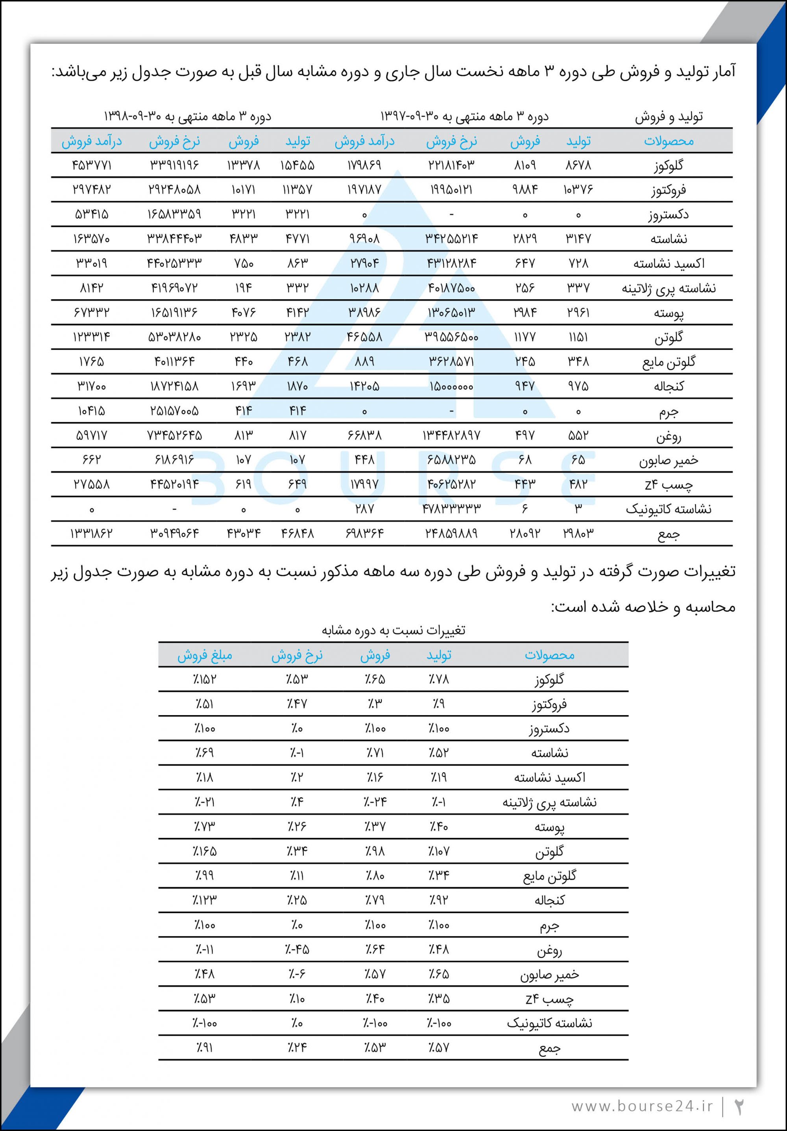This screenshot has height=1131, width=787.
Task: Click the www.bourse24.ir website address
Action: pos(642,1106)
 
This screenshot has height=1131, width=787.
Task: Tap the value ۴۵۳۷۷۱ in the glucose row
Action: pos(92,165)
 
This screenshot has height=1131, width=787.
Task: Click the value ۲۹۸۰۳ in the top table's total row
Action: pos(578,534)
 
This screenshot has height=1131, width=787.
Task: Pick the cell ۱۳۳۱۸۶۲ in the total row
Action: pos(92,534)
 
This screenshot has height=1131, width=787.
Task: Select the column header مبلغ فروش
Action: pos(204,656)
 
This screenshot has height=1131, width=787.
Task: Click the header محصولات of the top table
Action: pos(669,141)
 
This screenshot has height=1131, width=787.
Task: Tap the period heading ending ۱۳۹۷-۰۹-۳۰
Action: pos(464,117)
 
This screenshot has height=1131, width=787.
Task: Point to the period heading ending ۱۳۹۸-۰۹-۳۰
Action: pos(187,117)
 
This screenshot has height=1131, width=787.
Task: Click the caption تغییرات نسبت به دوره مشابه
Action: pos(393,630)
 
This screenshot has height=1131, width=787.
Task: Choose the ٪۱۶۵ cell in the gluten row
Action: pos(204,851)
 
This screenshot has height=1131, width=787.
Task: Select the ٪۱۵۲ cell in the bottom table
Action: pos(204,680)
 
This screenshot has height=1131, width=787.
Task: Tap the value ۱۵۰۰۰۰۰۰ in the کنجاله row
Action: pos(451,386)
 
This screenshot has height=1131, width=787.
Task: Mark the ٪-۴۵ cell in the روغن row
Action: pos(297,949)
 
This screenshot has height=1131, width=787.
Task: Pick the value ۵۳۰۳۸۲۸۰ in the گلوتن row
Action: pos(174,337)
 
